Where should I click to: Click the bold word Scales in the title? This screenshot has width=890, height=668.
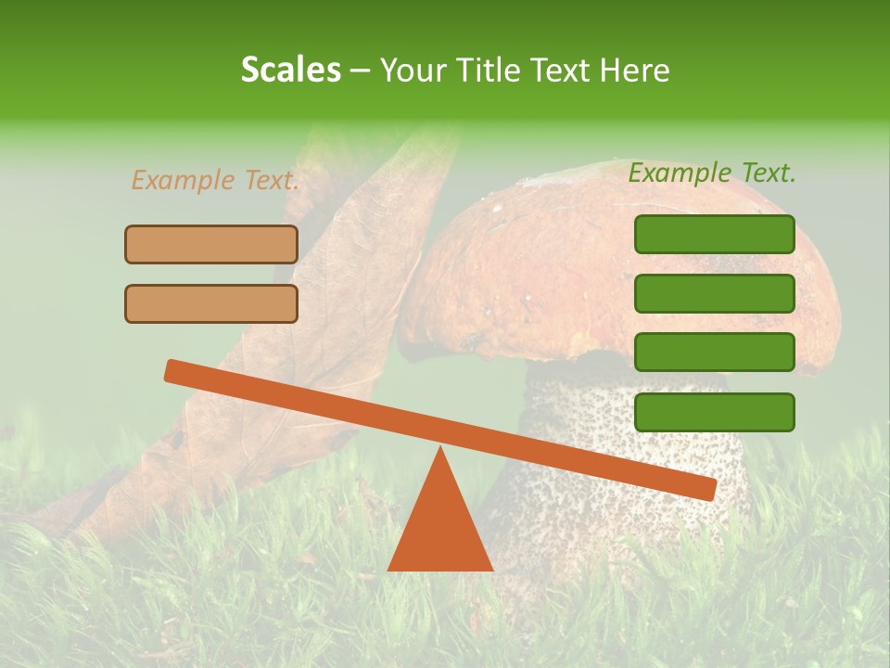291,70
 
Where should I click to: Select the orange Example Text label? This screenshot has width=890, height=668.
215,180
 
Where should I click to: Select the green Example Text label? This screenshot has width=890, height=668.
712,173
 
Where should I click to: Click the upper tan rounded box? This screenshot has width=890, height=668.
211,244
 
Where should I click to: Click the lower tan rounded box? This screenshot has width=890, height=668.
211,303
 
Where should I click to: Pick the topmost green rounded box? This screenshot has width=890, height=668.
714,234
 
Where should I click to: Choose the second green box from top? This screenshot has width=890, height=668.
714,293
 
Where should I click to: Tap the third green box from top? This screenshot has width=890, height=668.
714,352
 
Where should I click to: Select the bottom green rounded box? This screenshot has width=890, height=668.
714,412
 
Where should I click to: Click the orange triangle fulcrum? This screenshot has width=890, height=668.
439,529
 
